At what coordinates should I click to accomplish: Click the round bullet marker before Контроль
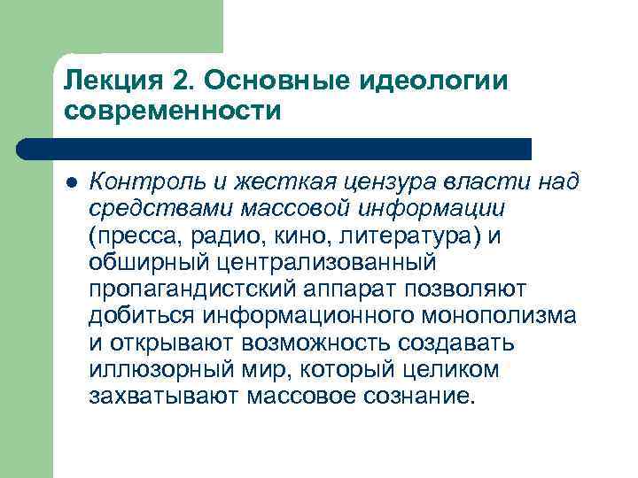tap(72, 182)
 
